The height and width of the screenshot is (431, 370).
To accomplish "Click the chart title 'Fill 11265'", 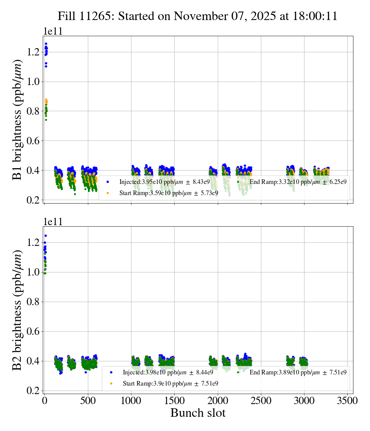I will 197,16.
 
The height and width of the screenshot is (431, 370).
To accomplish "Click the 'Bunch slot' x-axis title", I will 198,413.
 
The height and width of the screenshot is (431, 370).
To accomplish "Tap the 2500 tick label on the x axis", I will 261,401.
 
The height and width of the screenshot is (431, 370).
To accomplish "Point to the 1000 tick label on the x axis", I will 131,401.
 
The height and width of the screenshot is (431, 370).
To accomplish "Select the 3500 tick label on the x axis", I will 348,401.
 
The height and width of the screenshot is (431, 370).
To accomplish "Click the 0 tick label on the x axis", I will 44,401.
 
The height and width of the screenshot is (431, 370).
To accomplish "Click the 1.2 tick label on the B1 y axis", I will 32,52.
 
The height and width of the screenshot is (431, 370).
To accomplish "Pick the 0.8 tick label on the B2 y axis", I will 32,302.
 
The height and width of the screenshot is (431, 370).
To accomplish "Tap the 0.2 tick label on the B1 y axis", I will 32,200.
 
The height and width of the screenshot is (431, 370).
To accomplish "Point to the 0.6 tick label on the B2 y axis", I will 32,331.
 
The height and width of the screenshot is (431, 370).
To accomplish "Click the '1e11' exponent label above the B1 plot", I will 52,32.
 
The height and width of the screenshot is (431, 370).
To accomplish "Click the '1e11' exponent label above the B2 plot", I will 52,222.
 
